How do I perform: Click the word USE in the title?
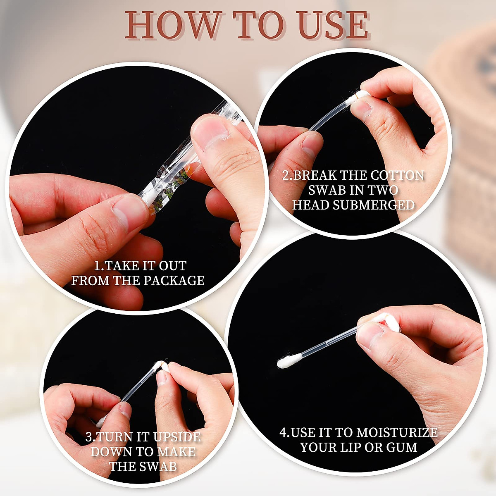pos(333,26)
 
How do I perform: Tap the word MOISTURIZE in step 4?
pos(397,433)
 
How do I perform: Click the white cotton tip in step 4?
pos(287,362)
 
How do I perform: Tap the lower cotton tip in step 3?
pos(100,422)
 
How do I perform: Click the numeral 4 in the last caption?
pos(283,433)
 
